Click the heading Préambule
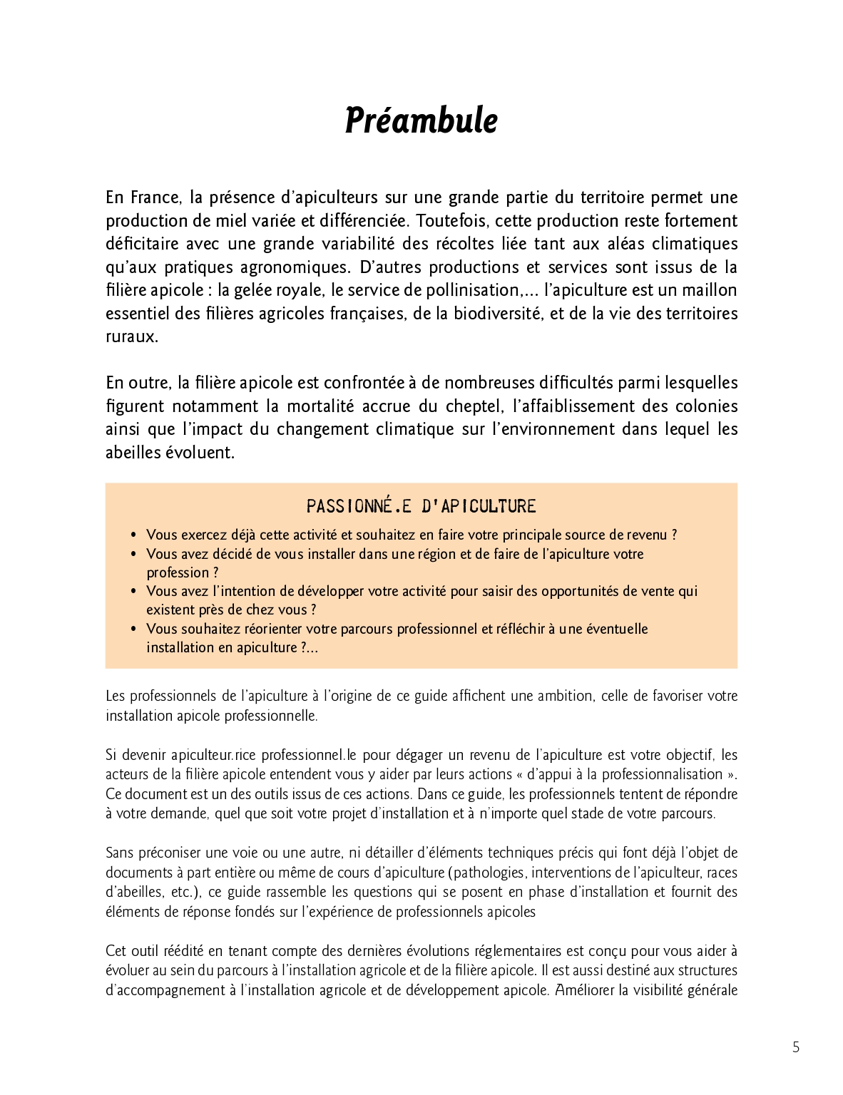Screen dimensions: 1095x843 [421, 120]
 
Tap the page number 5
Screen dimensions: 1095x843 [796, 1047]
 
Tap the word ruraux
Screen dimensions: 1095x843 [131, 337]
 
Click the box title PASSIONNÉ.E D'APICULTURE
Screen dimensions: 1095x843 [421, 506]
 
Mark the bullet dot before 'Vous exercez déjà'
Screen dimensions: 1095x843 [134, 535]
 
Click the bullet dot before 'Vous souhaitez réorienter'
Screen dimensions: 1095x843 [134, 629]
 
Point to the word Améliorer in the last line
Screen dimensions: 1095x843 [584, 989]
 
